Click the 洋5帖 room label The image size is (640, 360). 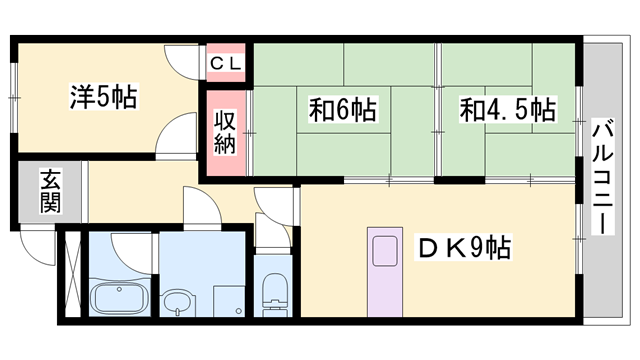click(x=103, y=98)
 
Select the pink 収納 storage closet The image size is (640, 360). click(x=224, y=134)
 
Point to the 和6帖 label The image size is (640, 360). click(x=342, y=109)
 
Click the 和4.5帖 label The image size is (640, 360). click(x=506, y=109)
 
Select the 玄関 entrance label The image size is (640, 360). click(x=49, y=192)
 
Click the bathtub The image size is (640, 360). click(x=117, y=299)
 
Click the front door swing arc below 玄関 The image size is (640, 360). click(x=38, y=240)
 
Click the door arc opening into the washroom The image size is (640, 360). click(x=199, y=207)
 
